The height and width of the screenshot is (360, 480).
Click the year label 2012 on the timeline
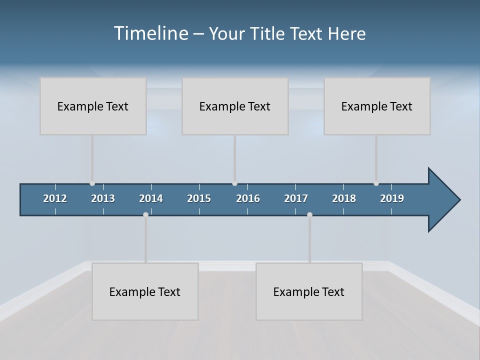(55, 198)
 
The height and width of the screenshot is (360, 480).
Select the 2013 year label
(103, 198)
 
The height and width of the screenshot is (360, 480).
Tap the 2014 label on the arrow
(151, 198)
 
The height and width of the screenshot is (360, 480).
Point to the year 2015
(199, 198)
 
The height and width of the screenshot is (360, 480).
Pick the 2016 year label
(248, 198)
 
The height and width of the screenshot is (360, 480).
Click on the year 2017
(296, 198)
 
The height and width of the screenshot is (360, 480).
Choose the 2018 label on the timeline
(344, 198)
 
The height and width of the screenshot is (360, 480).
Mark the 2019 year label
(392, 198)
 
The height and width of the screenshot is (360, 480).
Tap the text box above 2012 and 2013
(93, 106)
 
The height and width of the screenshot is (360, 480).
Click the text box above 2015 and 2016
(235, 106)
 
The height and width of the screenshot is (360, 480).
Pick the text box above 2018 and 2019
(377, 106)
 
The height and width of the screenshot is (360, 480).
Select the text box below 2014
(145, 291)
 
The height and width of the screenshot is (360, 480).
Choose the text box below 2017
(309, 291)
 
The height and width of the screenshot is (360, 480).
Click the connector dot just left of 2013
(92, 183)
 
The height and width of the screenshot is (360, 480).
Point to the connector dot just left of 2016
(235, 183)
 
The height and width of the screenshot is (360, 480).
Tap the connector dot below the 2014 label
(145, 214)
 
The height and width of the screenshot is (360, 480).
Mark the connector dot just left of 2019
(376, 183)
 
